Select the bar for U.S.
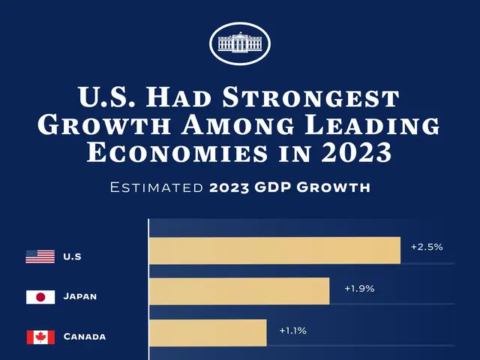[x=274, y=250]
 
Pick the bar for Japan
[x=239, y=291]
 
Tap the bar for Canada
[x=208, y=332]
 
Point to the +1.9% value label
[x=359, y=288]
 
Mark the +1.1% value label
[x=292, y=330]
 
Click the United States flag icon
[x=40, y=256]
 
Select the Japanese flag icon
[x=40, y=297]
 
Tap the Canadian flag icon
[x=40, y=337]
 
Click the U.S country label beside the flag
[x=72, y=257]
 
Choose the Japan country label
[x=80, y=297]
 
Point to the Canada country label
[x=84, y=337]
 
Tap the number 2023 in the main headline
[x=355, y=153]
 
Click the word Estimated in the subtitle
[x=154, y=187]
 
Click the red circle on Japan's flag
[x=40, y=297]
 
